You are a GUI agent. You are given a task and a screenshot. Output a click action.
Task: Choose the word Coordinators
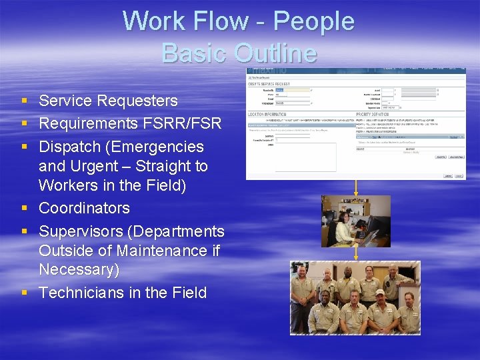pyautogui.click(x=84, y=208)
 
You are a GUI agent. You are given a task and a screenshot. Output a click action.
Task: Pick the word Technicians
pyautogui.click(x=83, y=292)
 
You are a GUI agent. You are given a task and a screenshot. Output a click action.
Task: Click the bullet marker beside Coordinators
pyautogui.click(x=24, y=209)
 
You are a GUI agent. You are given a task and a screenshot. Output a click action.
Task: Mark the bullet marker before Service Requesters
pyautogui.click(x=24, y=101)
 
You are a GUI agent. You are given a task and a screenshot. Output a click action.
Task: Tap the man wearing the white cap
pyautogui.click(x=379, y=307)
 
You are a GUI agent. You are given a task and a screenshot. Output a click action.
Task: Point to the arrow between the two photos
pyautogui.click(x=355, y=254)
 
